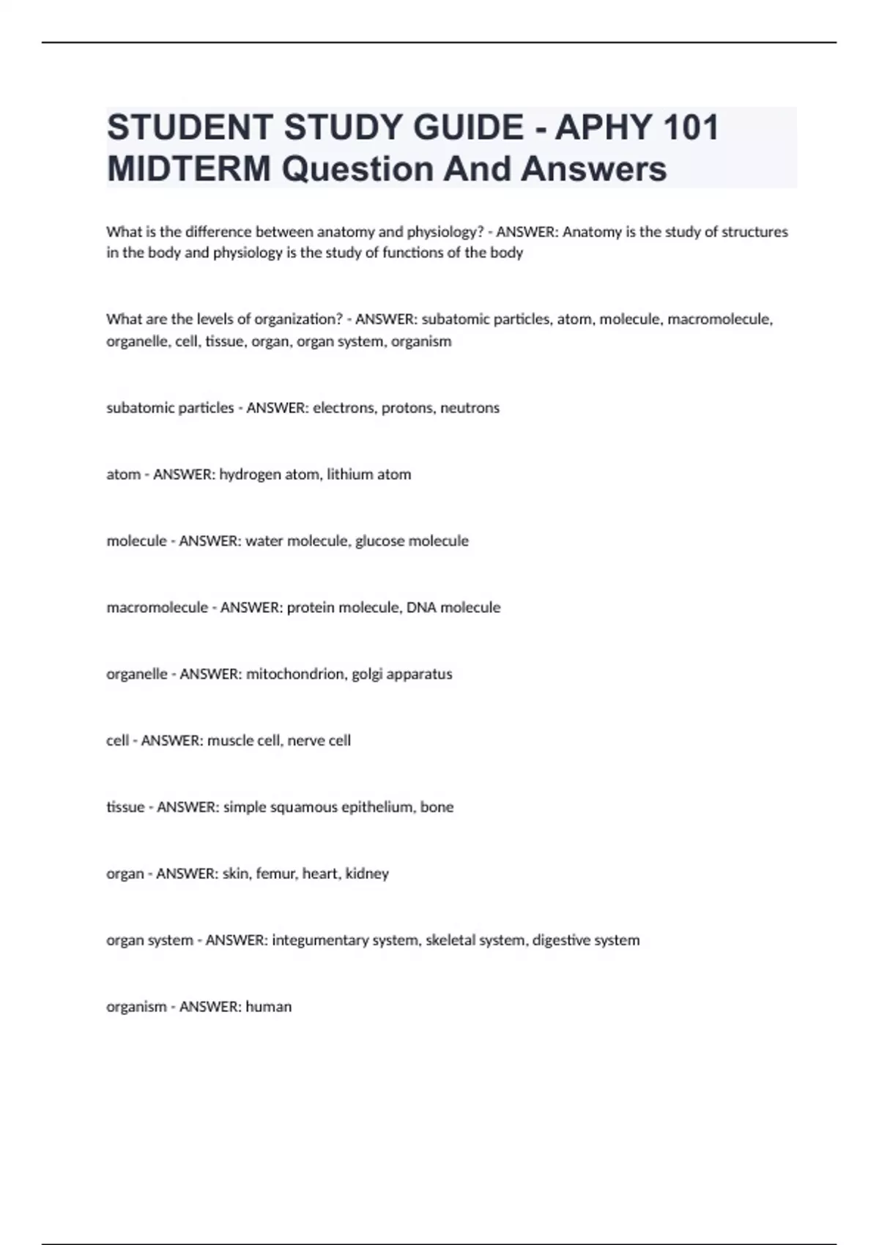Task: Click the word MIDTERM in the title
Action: [x=188, y=168]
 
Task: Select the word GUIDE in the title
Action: [x=468, y=127]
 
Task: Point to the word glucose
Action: [x=379, y=540]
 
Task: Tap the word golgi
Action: [x=367, y=674]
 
